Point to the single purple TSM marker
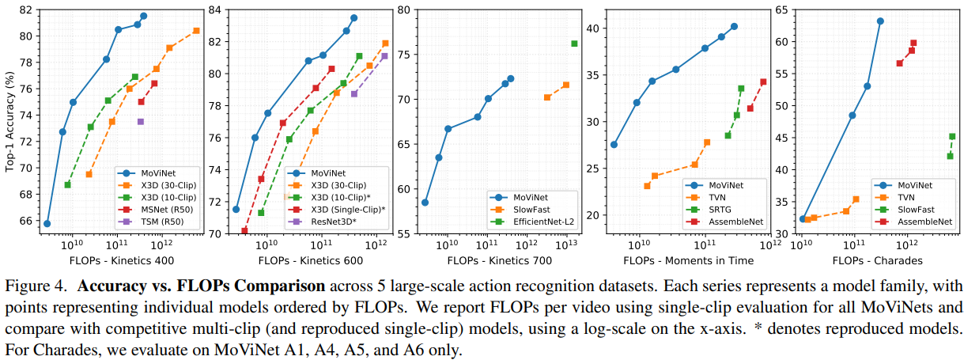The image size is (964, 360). point(141,121)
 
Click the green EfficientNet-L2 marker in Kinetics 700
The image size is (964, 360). point(574,44)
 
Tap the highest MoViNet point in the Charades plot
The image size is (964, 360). point(880,21)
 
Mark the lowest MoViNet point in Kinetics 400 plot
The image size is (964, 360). point(47,224)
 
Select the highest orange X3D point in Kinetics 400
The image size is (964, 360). point(196,31)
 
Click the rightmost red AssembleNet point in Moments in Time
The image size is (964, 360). point(763,81)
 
